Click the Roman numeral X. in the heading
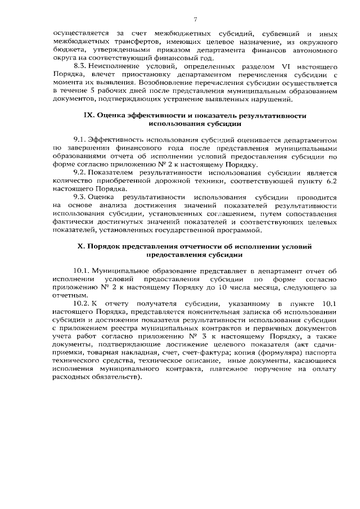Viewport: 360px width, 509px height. (80, 246)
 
